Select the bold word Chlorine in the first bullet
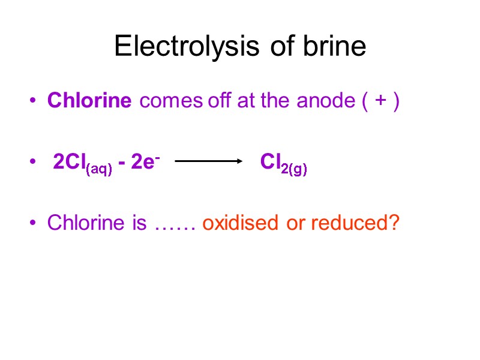pyautogui.click(x=89, y=101)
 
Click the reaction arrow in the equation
pyautogui.click(x=208, y=161)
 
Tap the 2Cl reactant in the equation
pyautogui.click(x=69, y=161)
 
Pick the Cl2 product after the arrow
pyautogui.click(x=271, y=161)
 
